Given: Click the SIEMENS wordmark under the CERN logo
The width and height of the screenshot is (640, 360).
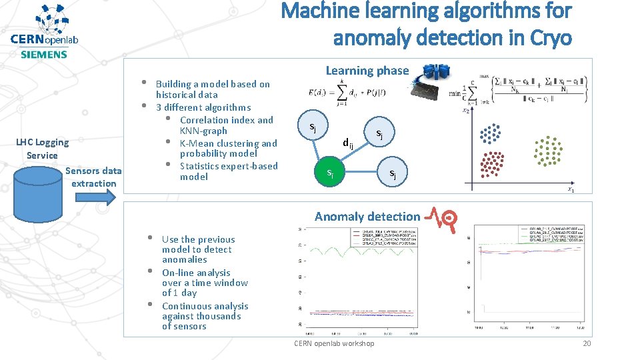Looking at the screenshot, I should tap(44, 55).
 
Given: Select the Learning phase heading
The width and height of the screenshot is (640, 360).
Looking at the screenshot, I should tap(367, 71).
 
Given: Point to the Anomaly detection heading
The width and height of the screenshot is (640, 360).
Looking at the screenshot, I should tap(367, 216).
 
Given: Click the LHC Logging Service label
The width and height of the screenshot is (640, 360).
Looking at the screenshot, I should tap(42, 148).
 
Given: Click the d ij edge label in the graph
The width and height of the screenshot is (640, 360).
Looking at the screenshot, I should tap(347, 143).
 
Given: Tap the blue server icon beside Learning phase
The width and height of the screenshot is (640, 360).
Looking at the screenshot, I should tap(437, 71).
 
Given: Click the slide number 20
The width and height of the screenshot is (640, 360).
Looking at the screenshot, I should tap(586, 343).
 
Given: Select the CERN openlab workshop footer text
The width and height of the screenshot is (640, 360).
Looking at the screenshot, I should tap(334, 343).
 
